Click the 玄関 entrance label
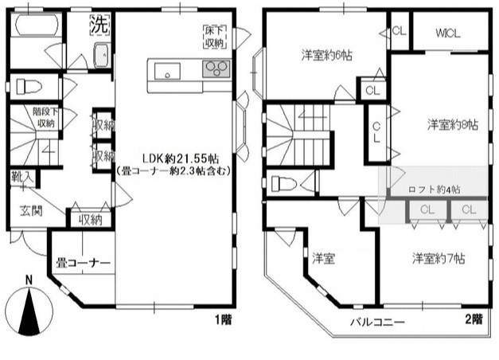point(30,211)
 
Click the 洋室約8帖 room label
point(452,125)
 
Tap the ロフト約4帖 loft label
point(435,190)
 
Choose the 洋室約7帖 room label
point(439,259)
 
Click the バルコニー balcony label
point(379,323)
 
